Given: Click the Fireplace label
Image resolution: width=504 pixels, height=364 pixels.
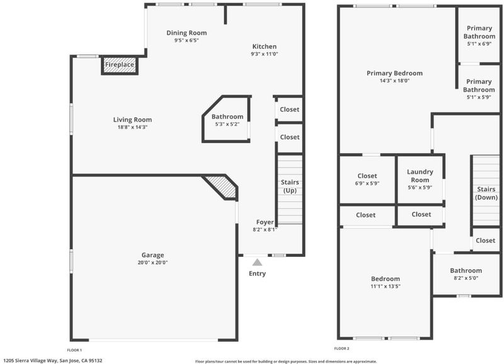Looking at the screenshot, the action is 120,65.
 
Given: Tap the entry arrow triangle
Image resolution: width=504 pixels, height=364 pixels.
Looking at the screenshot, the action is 257,263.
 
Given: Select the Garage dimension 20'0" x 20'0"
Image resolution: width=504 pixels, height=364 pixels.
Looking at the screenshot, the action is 152,263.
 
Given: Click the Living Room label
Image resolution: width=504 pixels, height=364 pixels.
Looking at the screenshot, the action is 132,120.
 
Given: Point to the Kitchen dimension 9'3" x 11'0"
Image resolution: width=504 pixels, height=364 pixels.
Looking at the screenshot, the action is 265,54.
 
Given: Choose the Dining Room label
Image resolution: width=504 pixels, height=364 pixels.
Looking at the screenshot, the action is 186,33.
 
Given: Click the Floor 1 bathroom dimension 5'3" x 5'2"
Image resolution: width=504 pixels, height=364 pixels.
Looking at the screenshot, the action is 227,124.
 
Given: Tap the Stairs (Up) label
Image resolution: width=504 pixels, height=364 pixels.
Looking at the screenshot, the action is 290,186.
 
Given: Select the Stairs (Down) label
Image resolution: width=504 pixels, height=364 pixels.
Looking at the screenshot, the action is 486,193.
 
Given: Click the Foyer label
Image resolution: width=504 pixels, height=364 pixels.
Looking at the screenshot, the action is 265,222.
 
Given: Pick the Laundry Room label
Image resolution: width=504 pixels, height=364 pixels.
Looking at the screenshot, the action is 420,176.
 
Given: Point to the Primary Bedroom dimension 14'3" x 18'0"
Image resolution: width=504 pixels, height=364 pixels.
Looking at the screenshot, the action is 395,81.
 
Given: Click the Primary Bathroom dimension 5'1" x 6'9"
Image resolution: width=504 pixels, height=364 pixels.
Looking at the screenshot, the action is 479,43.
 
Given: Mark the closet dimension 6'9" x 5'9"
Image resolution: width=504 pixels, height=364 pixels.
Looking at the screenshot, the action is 367,183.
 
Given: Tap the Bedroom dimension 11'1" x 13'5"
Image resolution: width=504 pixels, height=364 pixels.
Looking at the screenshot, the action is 386,287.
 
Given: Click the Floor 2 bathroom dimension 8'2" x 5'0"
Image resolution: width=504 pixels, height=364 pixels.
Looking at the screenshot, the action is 466,278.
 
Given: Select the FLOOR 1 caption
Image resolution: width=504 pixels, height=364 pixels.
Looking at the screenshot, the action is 74,350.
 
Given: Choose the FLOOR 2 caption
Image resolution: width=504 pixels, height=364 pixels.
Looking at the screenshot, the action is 341,348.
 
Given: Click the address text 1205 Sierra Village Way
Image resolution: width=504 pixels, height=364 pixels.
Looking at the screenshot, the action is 30,361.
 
